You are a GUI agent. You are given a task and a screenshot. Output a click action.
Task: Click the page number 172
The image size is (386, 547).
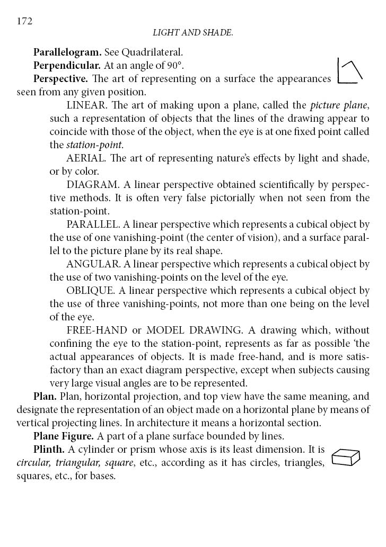[25, 21]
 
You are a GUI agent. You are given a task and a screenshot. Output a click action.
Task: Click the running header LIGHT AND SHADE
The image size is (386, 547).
[193, 33]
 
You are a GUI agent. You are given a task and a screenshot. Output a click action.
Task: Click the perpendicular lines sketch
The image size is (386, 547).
[349, 71]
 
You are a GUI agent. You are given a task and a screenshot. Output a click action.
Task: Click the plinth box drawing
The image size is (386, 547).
[346, 457]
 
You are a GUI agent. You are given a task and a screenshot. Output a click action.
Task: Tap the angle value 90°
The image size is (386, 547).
[174, 66]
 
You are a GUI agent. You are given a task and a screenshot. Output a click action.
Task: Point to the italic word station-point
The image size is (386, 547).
[94, 145]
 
